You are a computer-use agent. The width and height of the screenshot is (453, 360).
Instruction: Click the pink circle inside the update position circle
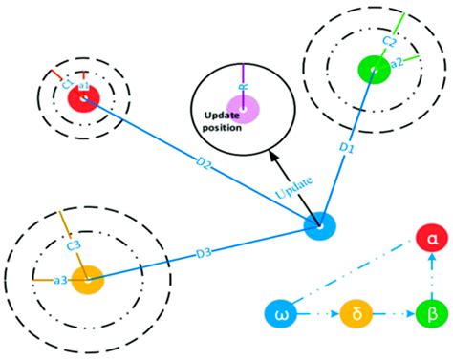(243, 108)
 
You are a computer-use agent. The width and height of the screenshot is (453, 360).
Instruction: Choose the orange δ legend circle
(354, 312)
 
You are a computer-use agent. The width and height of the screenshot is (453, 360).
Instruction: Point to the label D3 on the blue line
(203, 253)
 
